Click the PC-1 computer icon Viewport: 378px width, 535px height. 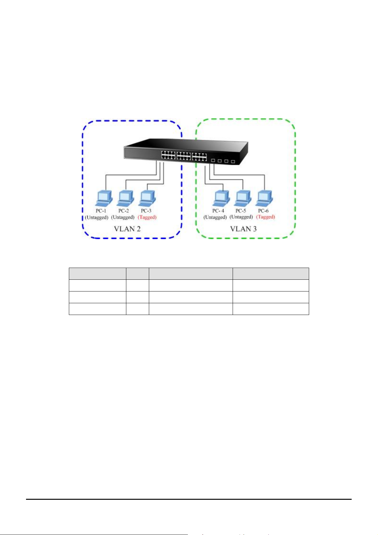point(104,198)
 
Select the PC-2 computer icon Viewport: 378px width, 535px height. point(126,198)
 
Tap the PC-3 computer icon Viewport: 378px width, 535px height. point(147,198)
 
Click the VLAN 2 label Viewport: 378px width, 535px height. point(127,229)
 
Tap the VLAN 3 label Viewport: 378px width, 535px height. point(243,229)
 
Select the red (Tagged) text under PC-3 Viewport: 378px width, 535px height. point(147,217)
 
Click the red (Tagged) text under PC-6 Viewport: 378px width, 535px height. point(265,217)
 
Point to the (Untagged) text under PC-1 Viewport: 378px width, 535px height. point(97,217)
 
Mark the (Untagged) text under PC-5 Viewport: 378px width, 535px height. point(241,217)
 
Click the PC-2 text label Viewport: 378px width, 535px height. point(123,211)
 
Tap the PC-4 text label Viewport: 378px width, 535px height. point(218,211)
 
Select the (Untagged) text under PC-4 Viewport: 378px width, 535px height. point(215,217)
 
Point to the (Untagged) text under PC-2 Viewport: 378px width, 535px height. point(123,217)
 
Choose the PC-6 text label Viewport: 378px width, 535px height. point(263,211)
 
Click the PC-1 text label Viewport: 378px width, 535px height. point(101,211)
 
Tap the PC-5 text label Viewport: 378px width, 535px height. point(241,211)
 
